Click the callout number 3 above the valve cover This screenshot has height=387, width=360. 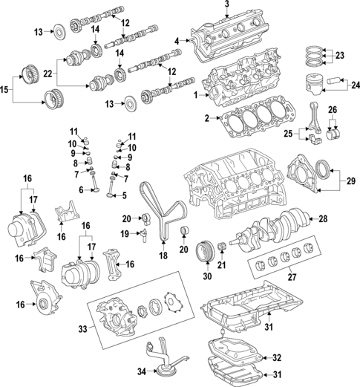pyautogui.click(x=227, y=6)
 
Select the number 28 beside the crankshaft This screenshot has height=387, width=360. pyautogui.click(x=323, y=218)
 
